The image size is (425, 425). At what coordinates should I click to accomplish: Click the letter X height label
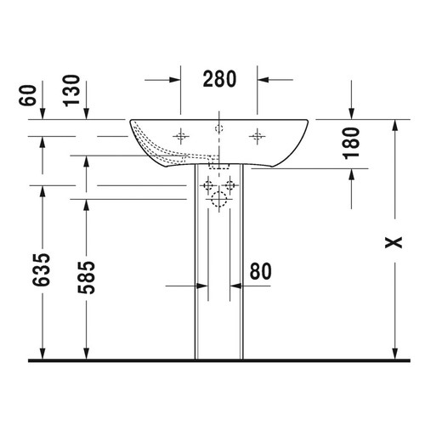point(392,244)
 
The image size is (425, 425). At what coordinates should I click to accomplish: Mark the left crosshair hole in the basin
point(180,135)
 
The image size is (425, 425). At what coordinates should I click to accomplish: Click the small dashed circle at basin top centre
point(218,127)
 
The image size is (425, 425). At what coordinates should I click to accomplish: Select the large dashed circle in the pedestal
point(218,201)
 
